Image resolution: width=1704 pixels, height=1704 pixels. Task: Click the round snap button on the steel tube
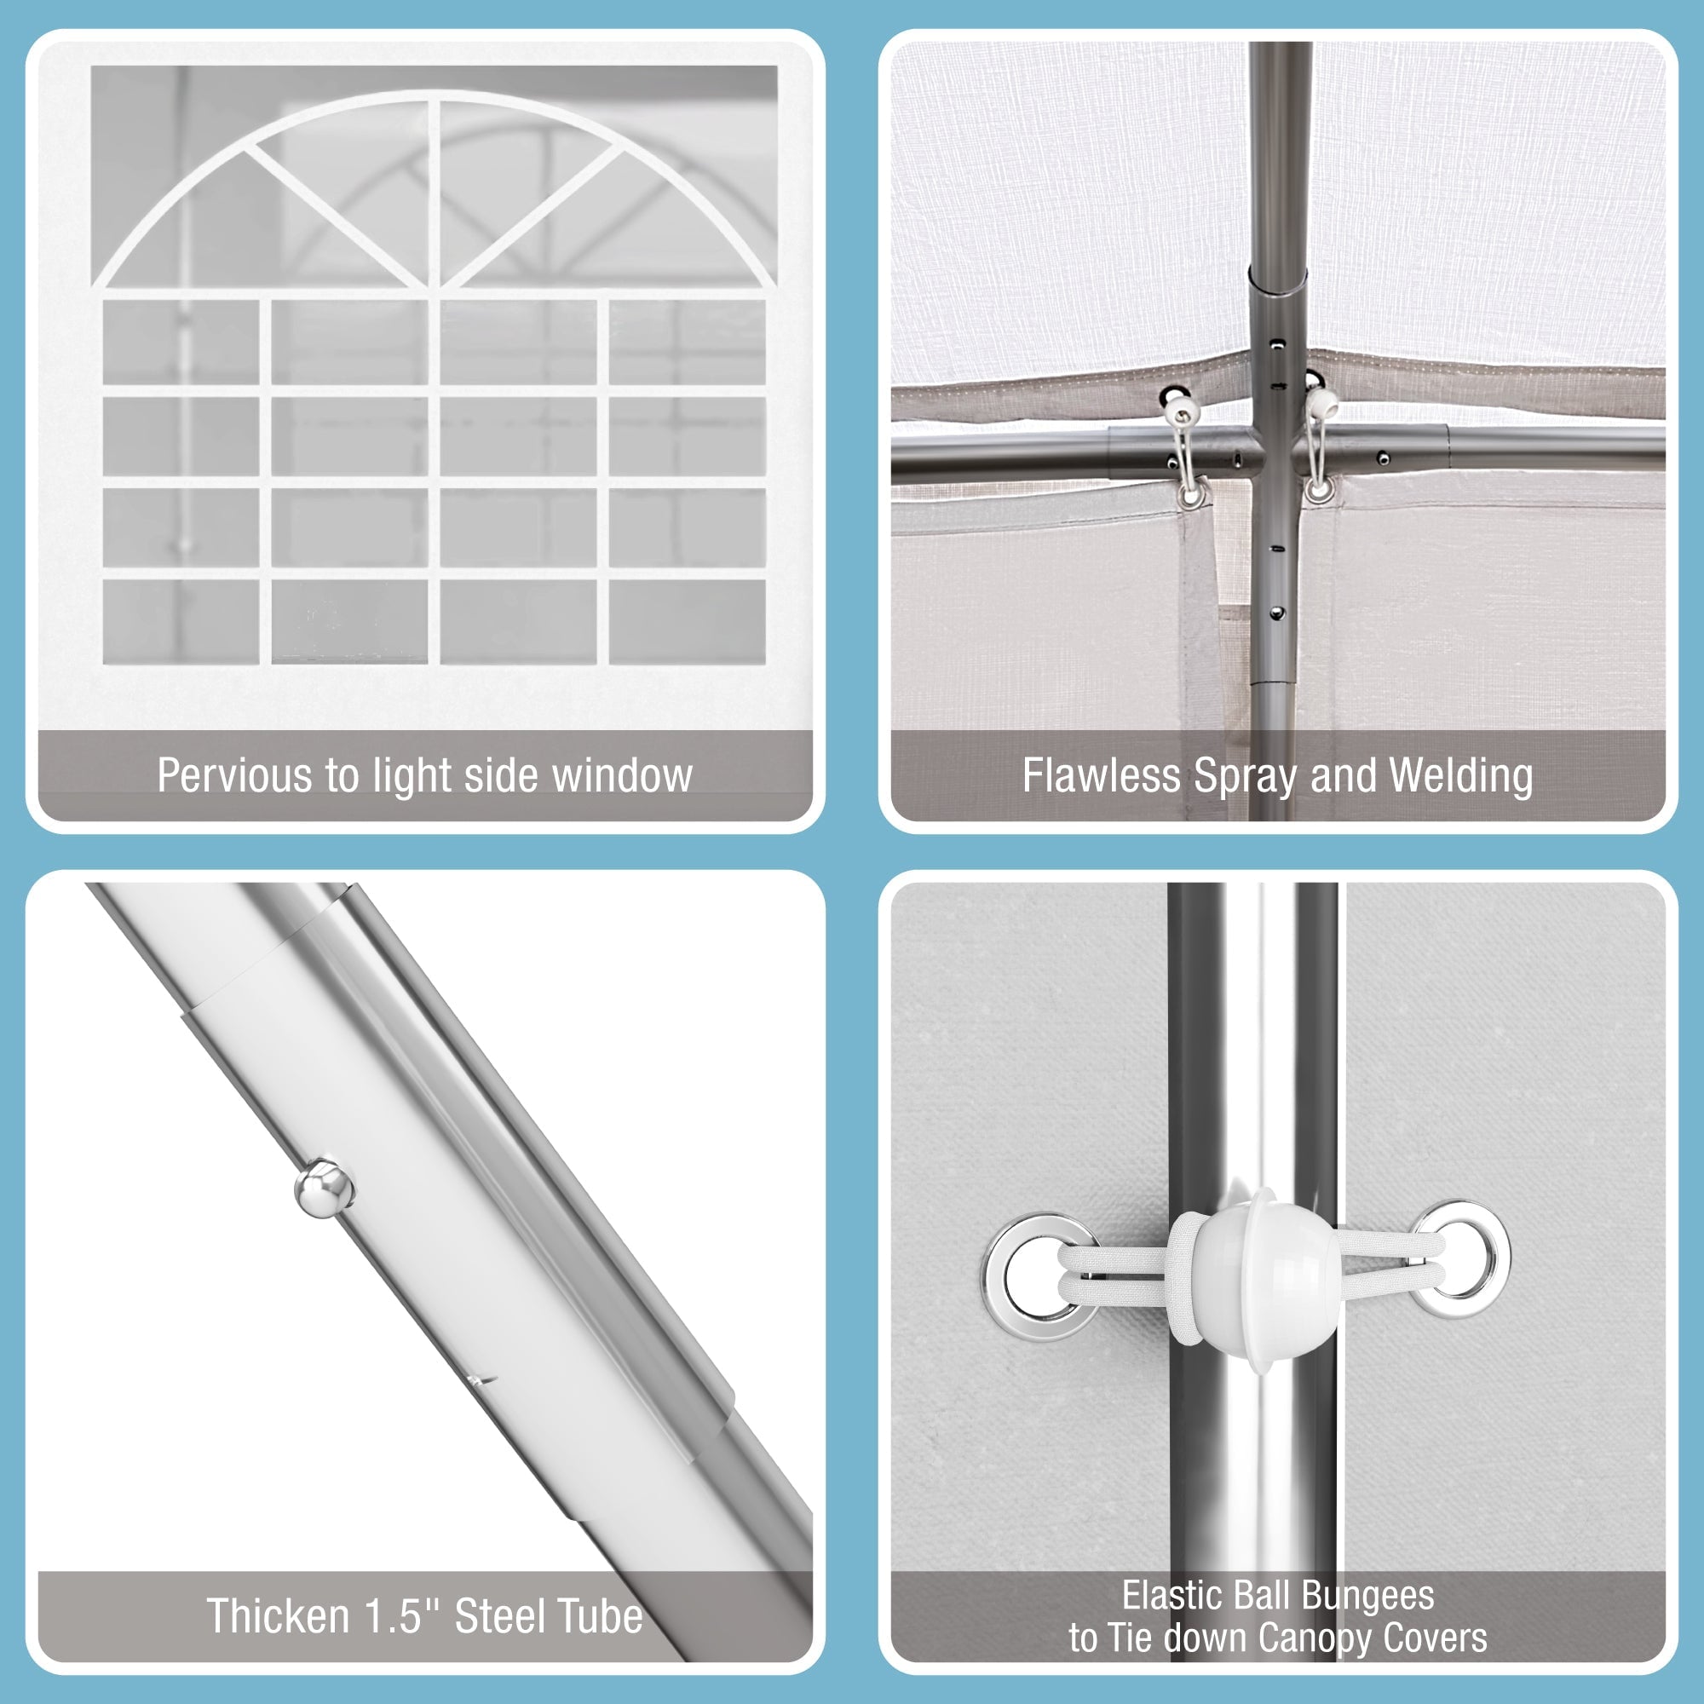click(x=324, y=1187)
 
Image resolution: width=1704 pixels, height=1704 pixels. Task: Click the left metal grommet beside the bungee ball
click(x=1041, y=1276)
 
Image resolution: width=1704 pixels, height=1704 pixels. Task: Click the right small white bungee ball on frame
click(x=1321, y=404)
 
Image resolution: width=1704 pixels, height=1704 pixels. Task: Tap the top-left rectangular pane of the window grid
click(x=181, y=343)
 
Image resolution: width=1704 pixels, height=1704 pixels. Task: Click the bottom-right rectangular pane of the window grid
click(x=687, y=621)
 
